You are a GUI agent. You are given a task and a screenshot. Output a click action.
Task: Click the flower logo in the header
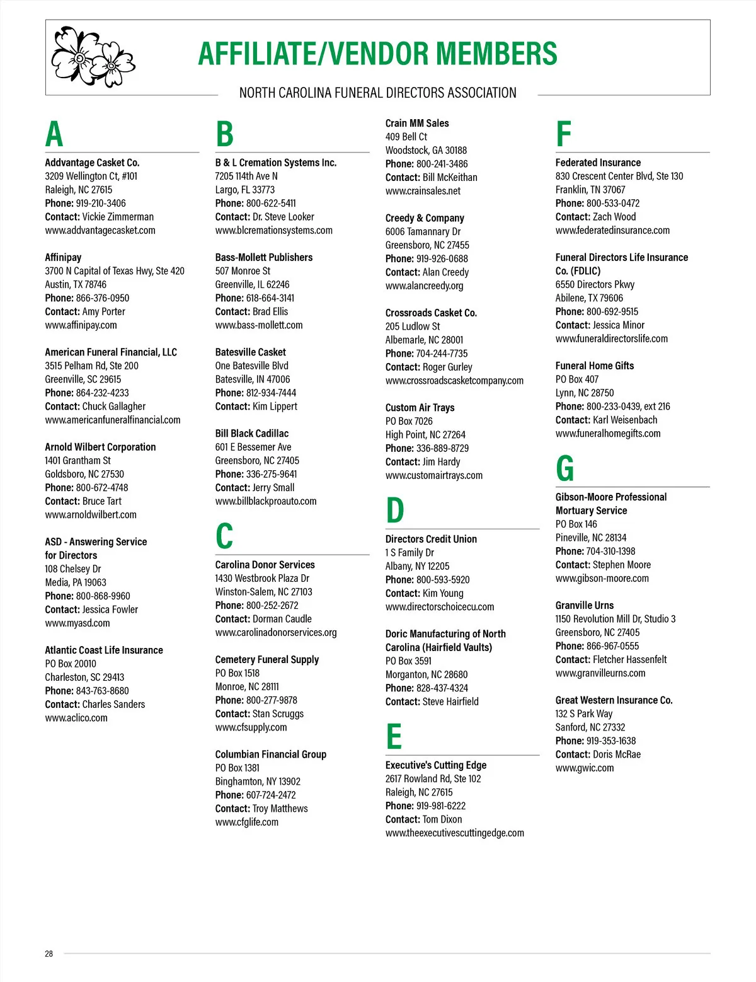[93, 57]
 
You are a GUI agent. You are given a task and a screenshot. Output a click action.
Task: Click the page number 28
[49, 954]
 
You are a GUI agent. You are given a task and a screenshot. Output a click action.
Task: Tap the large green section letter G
[564, 468]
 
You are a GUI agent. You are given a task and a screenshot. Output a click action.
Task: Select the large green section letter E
[394, 736]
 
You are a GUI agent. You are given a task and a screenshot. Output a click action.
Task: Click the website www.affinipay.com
[81, 325]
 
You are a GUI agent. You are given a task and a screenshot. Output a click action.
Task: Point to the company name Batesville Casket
[250, 352]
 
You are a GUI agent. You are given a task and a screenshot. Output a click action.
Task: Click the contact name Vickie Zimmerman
[118, 217]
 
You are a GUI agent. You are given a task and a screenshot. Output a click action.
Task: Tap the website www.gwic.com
[584, 768]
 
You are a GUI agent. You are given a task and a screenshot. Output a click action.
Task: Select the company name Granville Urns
[584, 606]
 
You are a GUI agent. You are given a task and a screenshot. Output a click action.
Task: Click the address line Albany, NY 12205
[417, 566]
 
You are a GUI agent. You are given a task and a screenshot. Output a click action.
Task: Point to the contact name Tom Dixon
[442, 819]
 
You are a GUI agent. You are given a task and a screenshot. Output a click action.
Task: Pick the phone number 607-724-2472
[271, 795]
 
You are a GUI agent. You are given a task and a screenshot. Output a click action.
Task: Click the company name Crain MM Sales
[417, 124]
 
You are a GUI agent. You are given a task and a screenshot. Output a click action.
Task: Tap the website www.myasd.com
[77, 623]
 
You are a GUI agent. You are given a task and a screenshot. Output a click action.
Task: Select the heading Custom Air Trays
[420, 408]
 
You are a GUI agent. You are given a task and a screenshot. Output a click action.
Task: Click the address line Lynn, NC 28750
[584, 393]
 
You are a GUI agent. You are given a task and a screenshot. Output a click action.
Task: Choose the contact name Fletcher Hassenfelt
[629, 660]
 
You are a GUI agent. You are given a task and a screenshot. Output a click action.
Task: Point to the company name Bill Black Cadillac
[251, 434]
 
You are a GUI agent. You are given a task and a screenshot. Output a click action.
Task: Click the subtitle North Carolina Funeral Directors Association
[377, 93]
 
